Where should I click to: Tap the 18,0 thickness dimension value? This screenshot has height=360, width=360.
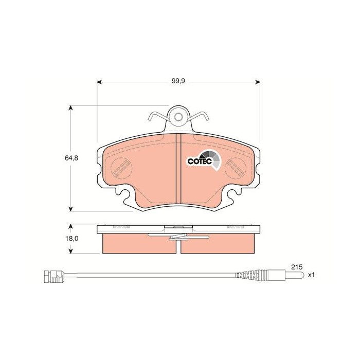[x=73, y=239]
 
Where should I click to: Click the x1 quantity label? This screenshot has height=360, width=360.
[x=311, y=276]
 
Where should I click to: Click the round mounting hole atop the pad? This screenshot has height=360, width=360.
[x=178, y=117]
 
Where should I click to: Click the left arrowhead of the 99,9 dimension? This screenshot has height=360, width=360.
[x=99, y=81]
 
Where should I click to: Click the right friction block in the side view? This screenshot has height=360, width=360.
[x=218, y=244]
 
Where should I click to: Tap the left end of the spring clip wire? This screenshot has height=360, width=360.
[x=150, y=119]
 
